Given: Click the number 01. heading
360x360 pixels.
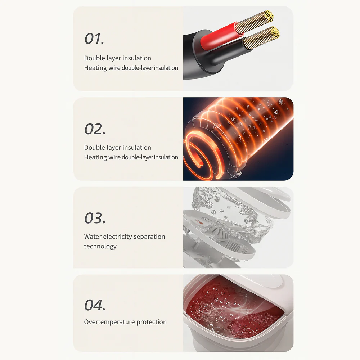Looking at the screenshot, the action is pyautogui.click(x=94, y=39).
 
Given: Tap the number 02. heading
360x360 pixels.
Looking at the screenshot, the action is pyautogui.click(x=95, y=129).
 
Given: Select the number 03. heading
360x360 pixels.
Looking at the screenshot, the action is pyautogui.click(x=95, y=218).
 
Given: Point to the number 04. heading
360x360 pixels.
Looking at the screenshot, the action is pyautogui.click(x=95, y=305).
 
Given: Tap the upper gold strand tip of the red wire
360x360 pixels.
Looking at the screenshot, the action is pyautogui.click(x=269, y=15).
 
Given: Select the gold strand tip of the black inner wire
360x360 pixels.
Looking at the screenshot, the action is pyautogui.click(x=275, y=32).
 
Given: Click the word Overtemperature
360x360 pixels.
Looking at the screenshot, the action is pyautogui.click(x=109, y=322).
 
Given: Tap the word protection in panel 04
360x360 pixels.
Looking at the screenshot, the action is pyautogui.click(x=152, y=322).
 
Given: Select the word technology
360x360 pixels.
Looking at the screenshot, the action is pyautogui.click(x=100, y=246).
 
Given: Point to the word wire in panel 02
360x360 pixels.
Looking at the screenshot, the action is pyautogui.click(x=114, y=157).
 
